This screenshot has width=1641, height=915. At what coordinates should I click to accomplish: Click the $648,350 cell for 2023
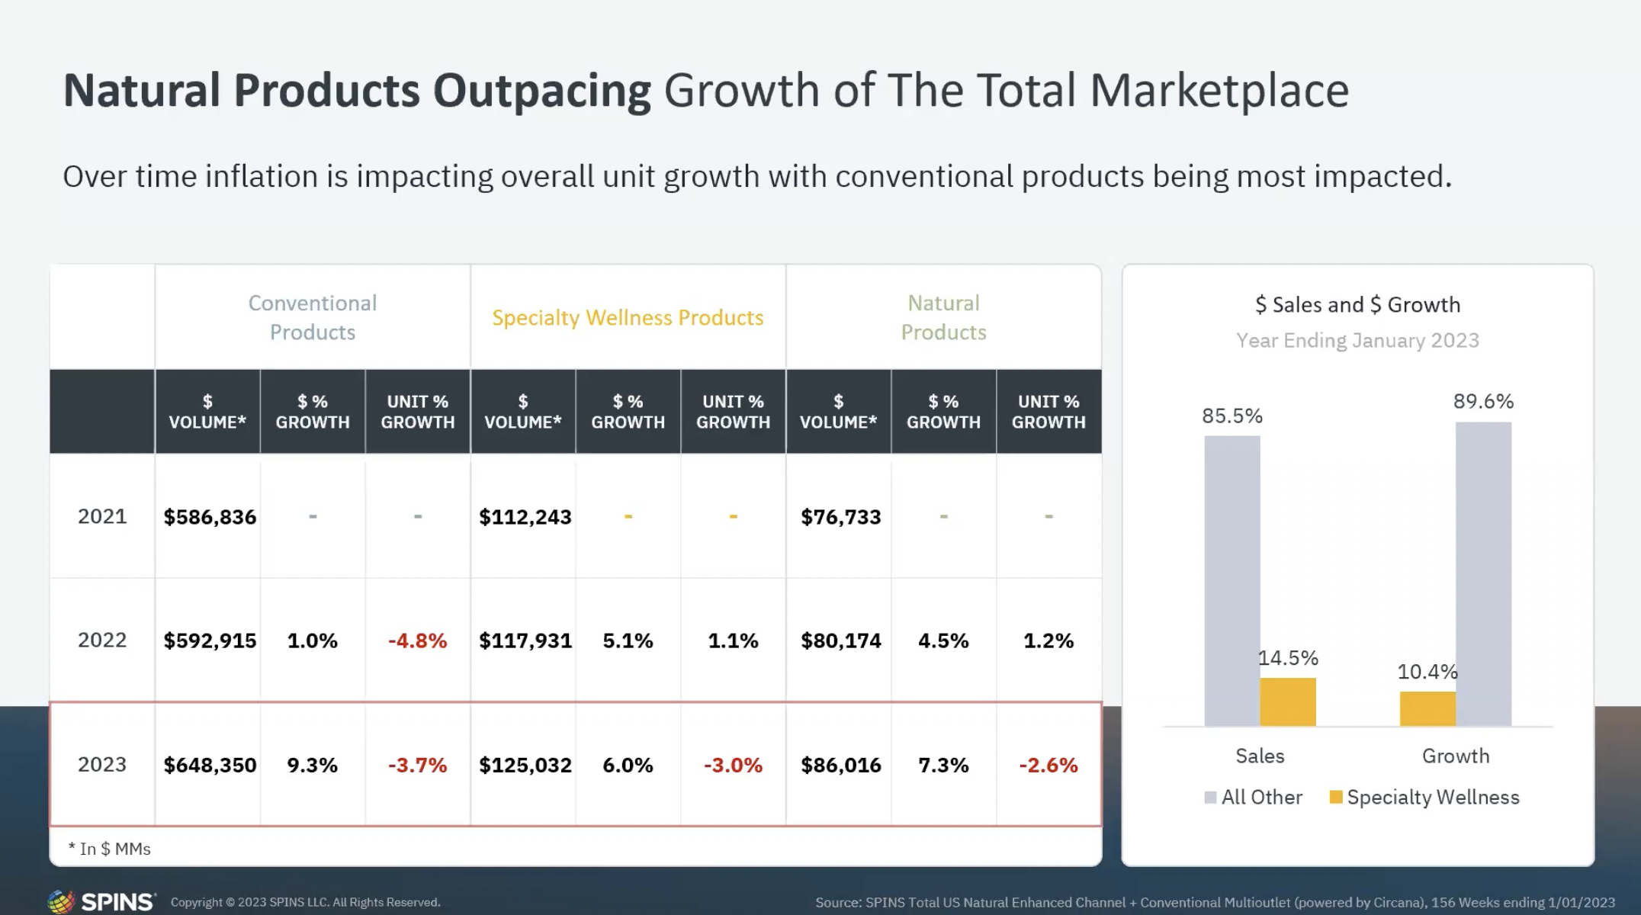click(x=210, y=765)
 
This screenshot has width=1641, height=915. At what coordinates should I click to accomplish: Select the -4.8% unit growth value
click(x=417, y=640)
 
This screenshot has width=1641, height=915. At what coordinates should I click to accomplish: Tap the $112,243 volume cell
click(x=525, y=517)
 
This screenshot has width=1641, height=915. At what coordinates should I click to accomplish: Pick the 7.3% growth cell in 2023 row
click(x=943, y=765)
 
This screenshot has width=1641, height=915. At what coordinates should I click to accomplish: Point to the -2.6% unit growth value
click(x=1049, y=765)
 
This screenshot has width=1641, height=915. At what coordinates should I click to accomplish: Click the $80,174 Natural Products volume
click(x=840, y=640)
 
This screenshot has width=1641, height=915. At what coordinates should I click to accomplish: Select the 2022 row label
click(x=102, y=640)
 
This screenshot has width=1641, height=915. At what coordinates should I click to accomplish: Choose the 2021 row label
click(x=102, y=516)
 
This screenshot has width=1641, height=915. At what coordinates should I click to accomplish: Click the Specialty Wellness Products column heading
click(x=628, y=317)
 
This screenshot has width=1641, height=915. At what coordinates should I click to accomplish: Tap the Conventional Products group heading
click(x=313, y=317)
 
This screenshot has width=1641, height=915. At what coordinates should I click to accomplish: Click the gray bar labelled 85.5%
click(x=1232, y=579)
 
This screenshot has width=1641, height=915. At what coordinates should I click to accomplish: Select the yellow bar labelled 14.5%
click(x=1288, y=701)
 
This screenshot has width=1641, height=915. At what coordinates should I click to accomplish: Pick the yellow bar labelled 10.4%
click(x=1427, y=708)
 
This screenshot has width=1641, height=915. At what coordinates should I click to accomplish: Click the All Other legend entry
click(x=1254, y=798)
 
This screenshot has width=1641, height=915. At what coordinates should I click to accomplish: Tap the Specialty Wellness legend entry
click(x=1424, y=798)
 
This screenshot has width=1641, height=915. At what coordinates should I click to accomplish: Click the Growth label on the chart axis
click(x=1455, y=756)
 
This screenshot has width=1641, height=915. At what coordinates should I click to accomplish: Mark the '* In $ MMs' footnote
click(x=110, y=849)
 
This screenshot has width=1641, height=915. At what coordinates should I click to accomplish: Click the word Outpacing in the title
click(x=541, y=91)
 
